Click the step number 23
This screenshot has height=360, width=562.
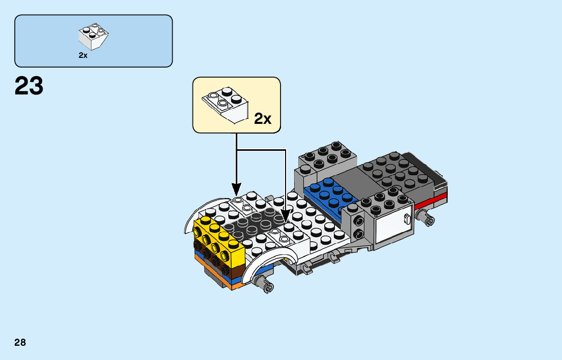[x=29, y=86]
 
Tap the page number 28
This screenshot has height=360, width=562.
[x=20, y=342]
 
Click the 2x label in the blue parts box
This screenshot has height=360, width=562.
[x=83, y=56]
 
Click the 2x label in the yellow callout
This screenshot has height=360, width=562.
[x=263, y=119]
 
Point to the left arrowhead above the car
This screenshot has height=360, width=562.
[x=236, y=190]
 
